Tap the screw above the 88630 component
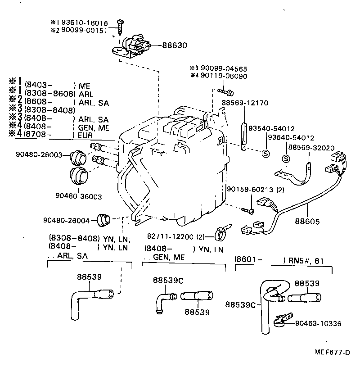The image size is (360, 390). click(x=121, y=26)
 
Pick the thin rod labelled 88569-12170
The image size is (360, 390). click(x=244, y=133)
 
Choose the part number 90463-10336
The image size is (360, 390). click(x=319, y=323)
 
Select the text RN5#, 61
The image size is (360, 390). click(x=307, y=260)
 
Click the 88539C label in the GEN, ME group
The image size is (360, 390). click(x=168, y=280)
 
